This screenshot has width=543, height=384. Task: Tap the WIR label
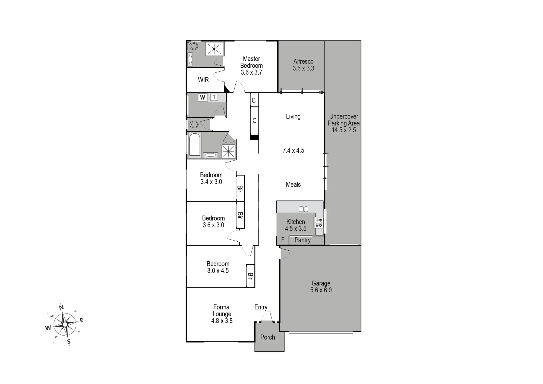click(203, 80)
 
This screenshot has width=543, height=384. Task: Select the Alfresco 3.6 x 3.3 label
click(303, 65)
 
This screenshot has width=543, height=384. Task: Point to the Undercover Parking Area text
click(344, 120)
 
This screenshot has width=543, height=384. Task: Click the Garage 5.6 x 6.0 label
click(321, 287)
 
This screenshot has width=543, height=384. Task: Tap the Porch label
click(268, 337)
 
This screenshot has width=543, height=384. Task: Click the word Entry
click(261, 307)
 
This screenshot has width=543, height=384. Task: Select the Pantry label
click(302, 240)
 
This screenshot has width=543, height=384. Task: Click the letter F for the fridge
click(283, 240)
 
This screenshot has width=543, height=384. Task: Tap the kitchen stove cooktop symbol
click(319, 223)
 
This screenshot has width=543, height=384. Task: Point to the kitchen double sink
click(303, 209)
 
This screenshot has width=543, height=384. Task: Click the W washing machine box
click(203, 97)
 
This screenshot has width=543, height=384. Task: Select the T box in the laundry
click(214, 98)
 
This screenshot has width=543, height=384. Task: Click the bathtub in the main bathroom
click(195, 145)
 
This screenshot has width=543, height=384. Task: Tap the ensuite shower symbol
click(214, 49)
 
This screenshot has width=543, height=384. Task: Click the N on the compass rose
click(62, 307)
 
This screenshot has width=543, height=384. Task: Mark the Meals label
click(293, 185)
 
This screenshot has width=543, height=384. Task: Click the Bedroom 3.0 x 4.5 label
click(218, 267)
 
